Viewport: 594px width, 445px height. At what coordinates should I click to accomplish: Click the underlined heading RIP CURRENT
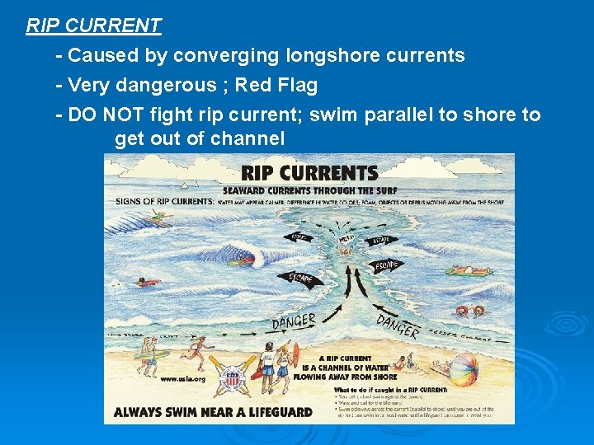point(93,26)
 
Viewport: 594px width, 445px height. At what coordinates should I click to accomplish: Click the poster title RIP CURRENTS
point(309,173)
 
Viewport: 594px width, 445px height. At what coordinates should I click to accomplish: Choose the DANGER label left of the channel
point(294,321)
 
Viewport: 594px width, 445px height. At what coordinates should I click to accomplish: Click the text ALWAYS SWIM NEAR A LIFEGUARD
point(213,411)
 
